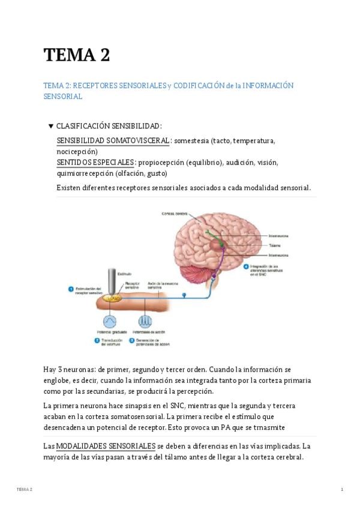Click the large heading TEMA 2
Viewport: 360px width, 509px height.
tap(76, 55)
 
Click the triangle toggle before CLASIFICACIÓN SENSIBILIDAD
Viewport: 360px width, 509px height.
tap(50, 126)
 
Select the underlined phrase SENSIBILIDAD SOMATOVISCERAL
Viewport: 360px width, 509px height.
tap(113, 140)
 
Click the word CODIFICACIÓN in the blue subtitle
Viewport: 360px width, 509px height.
tap(199, 86)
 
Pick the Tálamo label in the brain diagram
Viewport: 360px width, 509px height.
tap(275, 245)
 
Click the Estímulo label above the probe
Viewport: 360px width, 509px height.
tap(124, 273)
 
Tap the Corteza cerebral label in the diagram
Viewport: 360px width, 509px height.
tap(174, 214)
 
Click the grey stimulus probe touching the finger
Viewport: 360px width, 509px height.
tap(112, 282)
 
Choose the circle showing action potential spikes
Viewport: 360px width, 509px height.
tap(145, 321)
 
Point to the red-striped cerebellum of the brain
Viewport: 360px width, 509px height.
tap(200, 271)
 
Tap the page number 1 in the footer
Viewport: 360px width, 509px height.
tap(341, 490)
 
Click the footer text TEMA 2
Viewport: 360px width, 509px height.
tap(25, 490)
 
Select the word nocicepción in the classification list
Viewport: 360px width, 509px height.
tap(77, 151)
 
